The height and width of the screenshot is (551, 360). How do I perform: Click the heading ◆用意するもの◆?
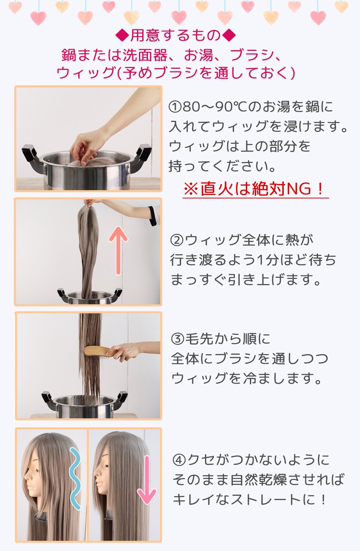[176, 35]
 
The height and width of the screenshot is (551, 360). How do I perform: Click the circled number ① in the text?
[175, 107]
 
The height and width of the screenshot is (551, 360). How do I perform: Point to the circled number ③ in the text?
[177, 340]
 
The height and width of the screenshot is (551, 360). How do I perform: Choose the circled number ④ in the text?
[179, 460]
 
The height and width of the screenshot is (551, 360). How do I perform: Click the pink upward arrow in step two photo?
[119, 251]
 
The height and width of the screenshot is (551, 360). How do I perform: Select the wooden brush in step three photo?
[96, 352]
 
